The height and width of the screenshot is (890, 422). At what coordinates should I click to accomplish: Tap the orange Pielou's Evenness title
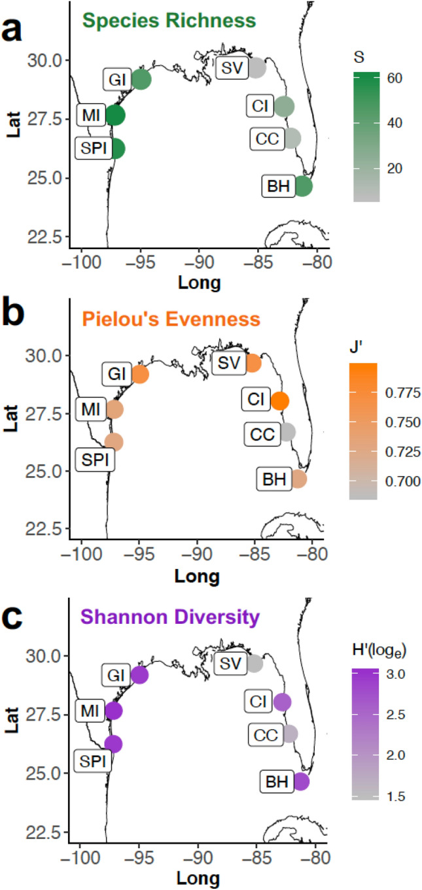pyautogui.click(x=171, y=319)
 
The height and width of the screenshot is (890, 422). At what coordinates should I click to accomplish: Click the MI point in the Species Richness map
pyautogui.click(x=115, y=115)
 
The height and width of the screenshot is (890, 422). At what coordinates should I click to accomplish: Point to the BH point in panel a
pyautogui.click(x=302, y=186)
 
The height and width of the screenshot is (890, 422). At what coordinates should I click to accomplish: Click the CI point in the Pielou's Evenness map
pyautogui.click(x=280, y=401)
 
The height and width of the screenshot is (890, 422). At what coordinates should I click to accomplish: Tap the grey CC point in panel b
pyautogui.click(x=287, y=432)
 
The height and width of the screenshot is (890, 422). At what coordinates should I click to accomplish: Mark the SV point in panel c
pyautogui.click(x=254, y=664)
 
